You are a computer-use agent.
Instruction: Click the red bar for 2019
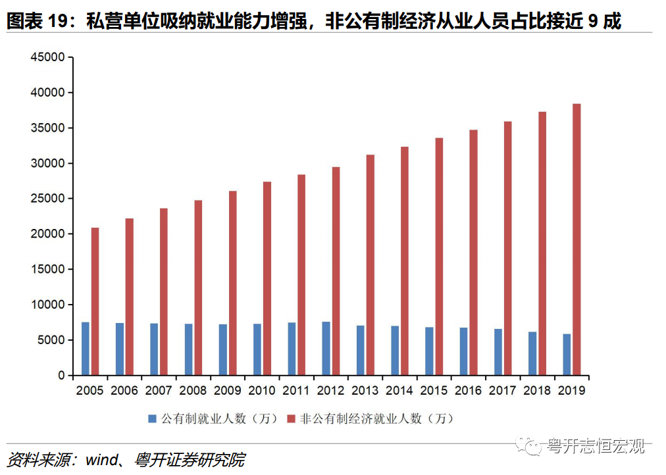(576, 239)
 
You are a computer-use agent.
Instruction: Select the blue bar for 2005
(86, 349)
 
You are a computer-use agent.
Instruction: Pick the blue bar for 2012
(326, 349)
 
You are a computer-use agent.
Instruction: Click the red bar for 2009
(232, 283)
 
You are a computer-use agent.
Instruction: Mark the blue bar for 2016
(463, 351)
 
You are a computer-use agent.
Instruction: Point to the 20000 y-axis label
(47, 234)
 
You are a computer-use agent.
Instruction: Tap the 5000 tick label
(51, 340)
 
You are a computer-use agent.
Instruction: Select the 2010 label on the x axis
(261, 391)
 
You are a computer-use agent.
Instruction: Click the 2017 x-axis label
(502, 391)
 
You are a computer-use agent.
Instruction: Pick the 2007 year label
(159, 391)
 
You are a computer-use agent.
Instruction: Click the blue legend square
(152, 418)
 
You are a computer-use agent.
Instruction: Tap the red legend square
(292, 418)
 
